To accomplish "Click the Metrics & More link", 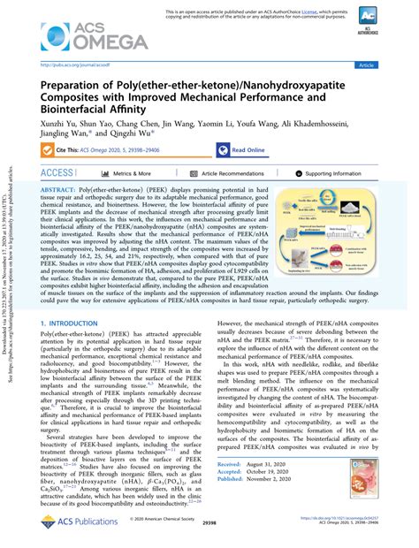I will click(x=128, y=174).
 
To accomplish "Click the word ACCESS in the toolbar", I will click(x=57, y=174).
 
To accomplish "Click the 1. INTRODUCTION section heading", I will click(x=74, y=300).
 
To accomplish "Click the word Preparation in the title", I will click(x=82, y=84).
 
